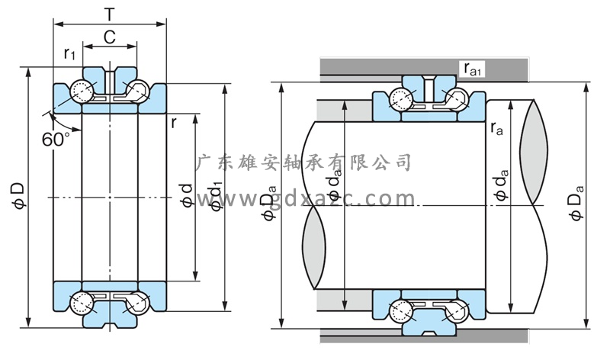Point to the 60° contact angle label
(x=56, y=140)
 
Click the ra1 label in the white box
(x=473, y=69)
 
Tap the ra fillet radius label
(x=496, y=130)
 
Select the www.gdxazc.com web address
(x=305, y=200)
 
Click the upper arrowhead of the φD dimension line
(x=29, y=72)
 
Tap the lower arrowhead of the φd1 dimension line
(x=226, y=308)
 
